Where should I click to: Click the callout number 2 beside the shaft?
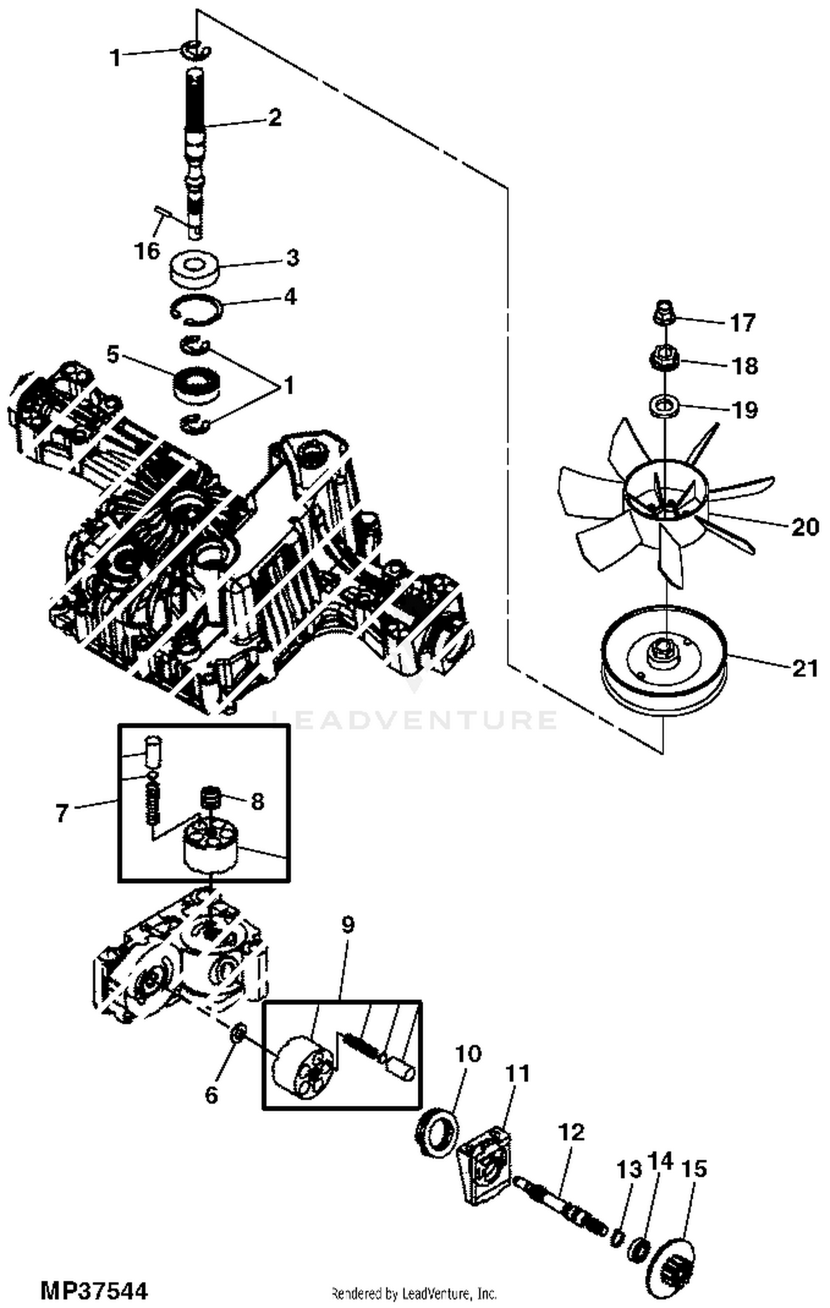pyautogui.click(x=274, y=118)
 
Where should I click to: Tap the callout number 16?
pyautogui.click(x=147, y=251)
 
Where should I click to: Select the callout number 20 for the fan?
pyautogui.click(x=805, y=527)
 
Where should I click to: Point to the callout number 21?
pyautogui.click(x=805, y=668)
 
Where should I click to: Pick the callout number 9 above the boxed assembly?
pyautogui.click(x=347, y=925)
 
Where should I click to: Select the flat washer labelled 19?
pyautogui.click(x=663, y=405)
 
